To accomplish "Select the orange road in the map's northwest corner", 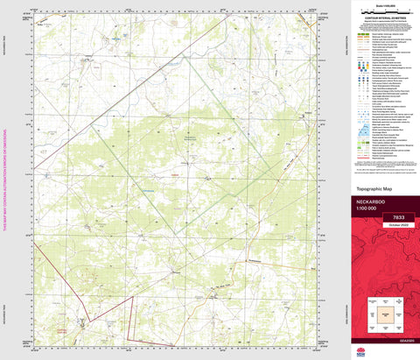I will [49, 22].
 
